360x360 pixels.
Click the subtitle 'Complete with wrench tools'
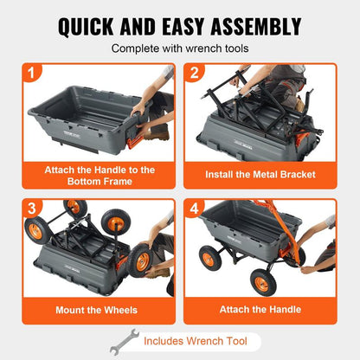pyautogui.click(x=179, y=49)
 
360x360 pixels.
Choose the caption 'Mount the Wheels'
pyautogui.click(x=91, y=308)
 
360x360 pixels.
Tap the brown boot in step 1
pyautogui.click(x=158, y=132)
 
